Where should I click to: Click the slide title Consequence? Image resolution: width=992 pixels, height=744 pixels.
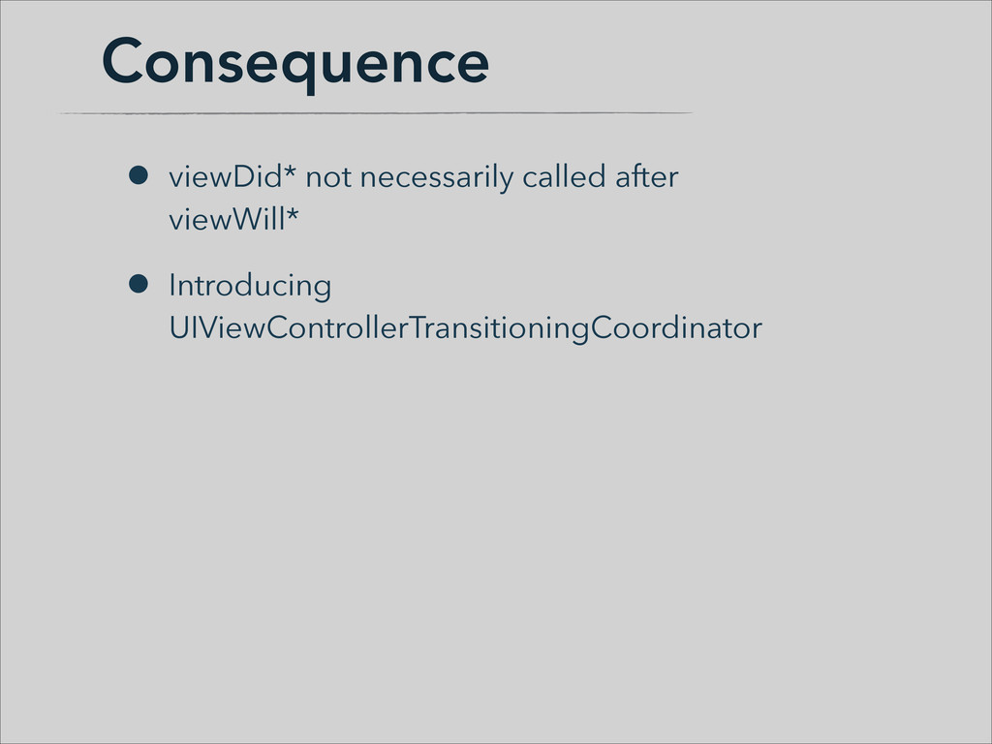(x=294, y=63)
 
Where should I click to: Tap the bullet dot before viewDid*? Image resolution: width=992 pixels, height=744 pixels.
(x=138, y=175)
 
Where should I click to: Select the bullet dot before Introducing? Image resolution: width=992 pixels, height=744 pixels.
(x=138, y=284)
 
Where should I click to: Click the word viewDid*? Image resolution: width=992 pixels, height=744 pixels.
(x=232, y=176)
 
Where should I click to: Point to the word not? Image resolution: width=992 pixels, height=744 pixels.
(x=328, y=178)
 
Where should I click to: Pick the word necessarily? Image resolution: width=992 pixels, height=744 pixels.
(x=437, y=178)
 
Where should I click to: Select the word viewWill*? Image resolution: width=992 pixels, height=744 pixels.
(x=233, y=220)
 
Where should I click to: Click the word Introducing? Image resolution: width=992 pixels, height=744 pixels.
(x=251, y=287)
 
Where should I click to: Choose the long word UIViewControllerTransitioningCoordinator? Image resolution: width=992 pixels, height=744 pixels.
(x=466, y=328)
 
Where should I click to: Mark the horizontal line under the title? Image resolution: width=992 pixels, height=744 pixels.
(x=376, y=113)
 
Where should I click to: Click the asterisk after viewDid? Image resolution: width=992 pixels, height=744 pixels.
(x=290, y=170)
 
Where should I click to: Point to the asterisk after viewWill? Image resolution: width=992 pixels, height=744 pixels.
(x=293, y=213)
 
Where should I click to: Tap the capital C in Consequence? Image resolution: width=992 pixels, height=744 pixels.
(x=122, y=60)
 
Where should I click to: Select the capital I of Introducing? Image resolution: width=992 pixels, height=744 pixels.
(x=172, y=286)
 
